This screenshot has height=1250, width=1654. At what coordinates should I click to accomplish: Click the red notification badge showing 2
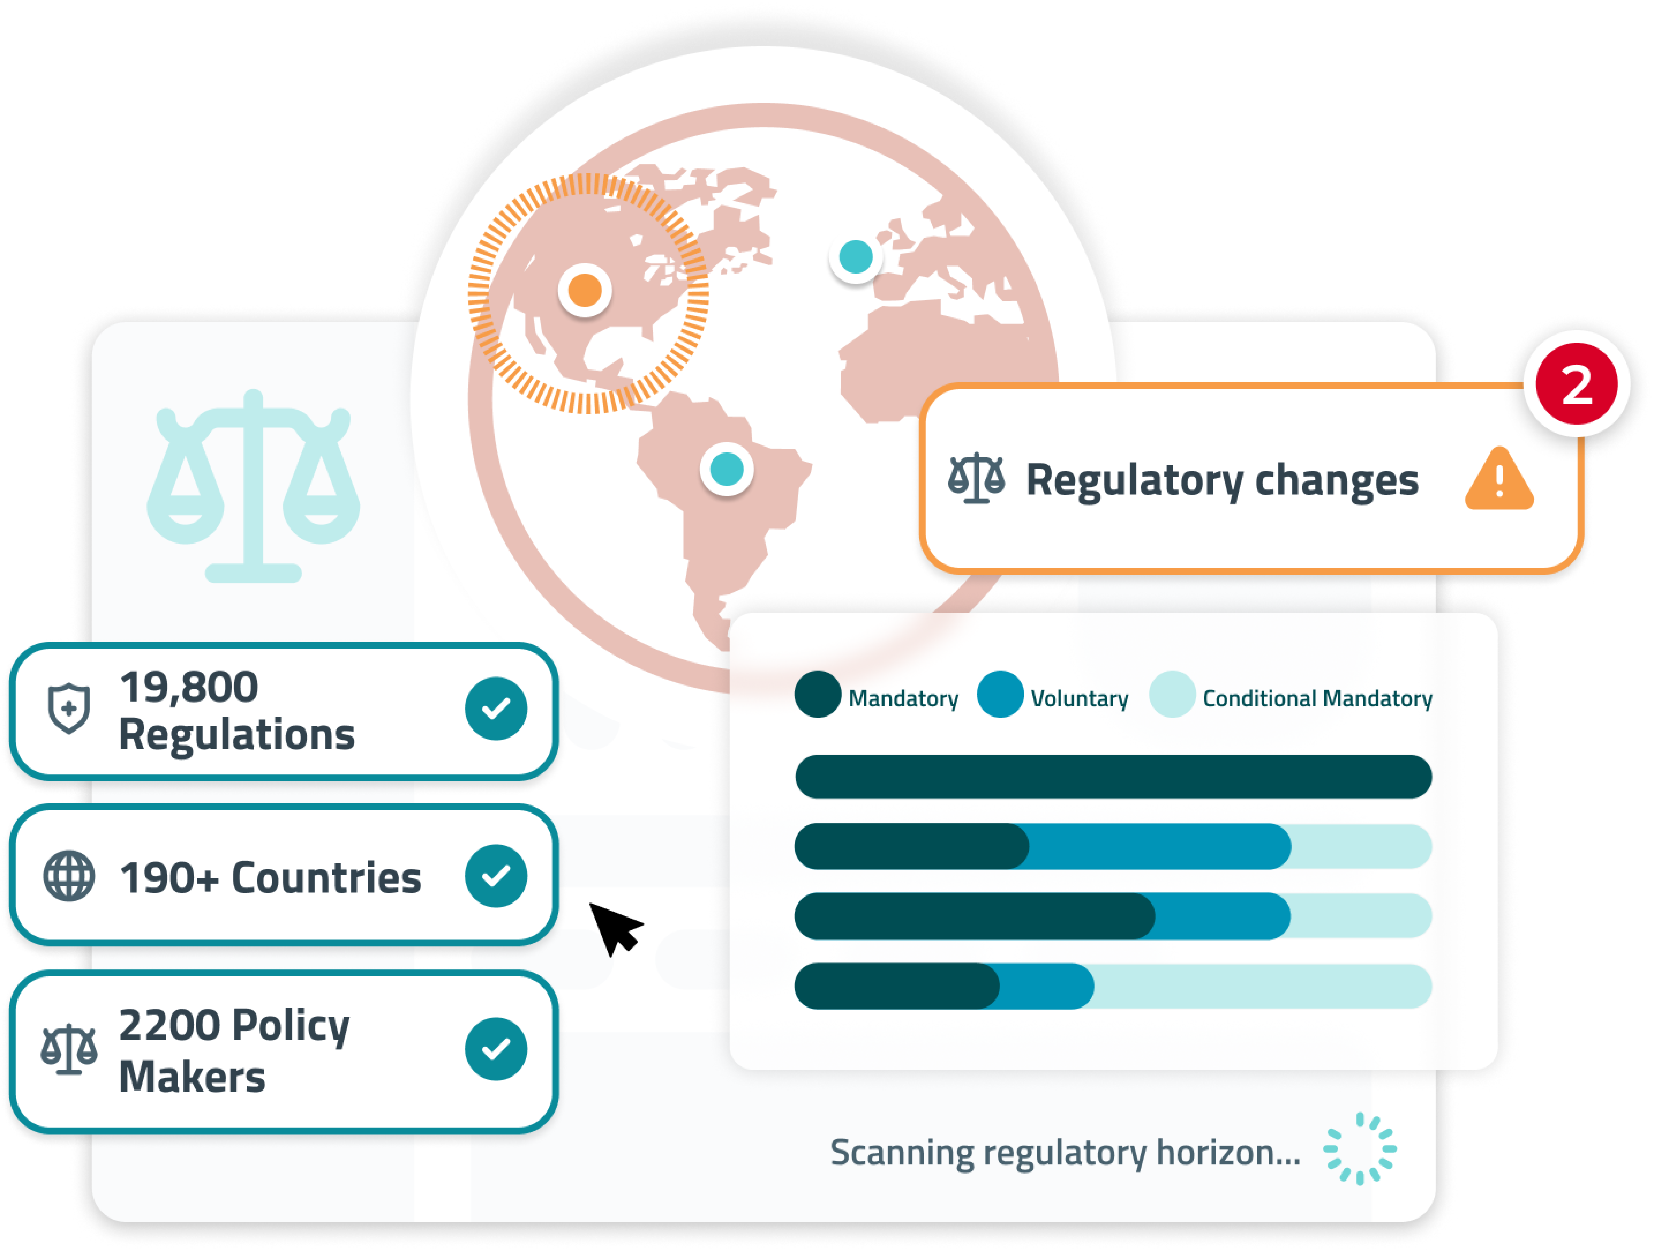click(x=1576, y=384)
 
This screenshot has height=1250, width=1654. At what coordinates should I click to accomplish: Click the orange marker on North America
click(x=585, y=290)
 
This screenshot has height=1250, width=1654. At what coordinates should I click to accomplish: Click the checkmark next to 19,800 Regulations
click(x=496, y=709)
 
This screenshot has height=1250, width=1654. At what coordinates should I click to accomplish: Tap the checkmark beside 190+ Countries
click(x=496, y=876)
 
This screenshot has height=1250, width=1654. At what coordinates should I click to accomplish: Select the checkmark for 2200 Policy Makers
click(x=496, y=1049)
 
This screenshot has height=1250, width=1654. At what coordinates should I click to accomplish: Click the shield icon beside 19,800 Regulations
click(x=69, y=709)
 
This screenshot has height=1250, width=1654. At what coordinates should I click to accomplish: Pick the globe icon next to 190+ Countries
click(x=69, y=876)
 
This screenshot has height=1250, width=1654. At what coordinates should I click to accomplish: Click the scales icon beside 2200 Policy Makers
click(x=69, y=1049)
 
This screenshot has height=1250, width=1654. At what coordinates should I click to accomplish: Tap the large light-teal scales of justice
click(x=253, y=486)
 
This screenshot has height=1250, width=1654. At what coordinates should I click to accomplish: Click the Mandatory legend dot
click(x=817, y=695)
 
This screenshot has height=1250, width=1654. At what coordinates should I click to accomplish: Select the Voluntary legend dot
click(x=1000, y=695)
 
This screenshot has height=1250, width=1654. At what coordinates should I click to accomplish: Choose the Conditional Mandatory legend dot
click(x=1172, y=695)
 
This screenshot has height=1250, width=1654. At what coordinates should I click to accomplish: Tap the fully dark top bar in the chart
click(x=1113, y=776)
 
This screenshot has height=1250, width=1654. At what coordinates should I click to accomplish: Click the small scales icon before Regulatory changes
click(x=976, y=479)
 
